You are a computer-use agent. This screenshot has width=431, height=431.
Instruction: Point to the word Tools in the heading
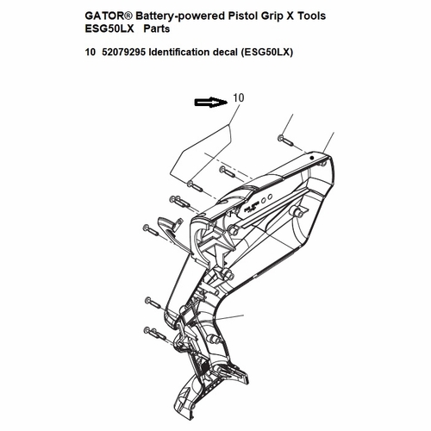click(311, 16)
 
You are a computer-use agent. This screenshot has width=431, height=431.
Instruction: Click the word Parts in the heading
click(157, 28)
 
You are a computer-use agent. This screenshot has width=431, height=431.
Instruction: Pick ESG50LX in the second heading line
click(109, 28)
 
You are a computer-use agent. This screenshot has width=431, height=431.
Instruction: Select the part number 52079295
click(124, 53)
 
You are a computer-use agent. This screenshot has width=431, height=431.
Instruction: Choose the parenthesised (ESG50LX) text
click(267, 53)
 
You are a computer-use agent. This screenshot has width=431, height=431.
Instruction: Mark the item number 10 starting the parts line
click(90, 53)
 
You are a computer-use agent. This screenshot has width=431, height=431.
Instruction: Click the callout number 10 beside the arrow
click(239, 98)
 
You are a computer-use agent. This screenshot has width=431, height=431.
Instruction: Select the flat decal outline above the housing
click(200, 153)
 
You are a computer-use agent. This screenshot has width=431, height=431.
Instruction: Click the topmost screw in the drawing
click(285, 141)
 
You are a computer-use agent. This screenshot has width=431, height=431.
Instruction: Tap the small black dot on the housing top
click(312, 158)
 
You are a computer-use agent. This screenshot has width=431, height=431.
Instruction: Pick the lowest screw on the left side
click(154, 333)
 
